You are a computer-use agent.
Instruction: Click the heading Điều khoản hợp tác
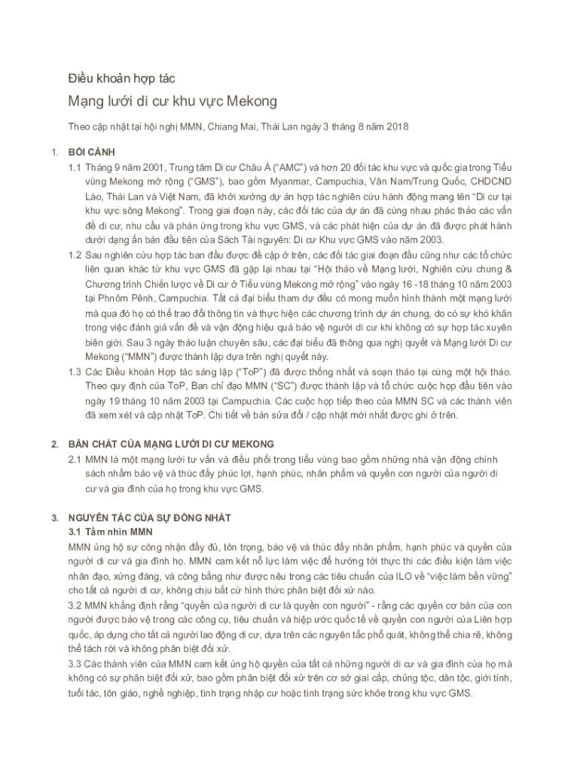[121, 78]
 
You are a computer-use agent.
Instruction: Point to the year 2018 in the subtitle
[394, 126]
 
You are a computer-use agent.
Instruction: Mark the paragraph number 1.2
[75, 255]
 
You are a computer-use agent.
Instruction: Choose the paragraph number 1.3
[75, 372]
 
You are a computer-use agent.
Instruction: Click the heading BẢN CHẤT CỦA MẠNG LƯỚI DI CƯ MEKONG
[171, 444]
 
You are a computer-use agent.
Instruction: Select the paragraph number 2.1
[75, 459]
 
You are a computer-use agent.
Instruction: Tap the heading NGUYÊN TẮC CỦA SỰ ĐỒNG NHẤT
[149, 518]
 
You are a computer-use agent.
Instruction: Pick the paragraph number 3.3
[76, 663]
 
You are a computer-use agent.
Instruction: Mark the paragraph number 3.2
[76, 605]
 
